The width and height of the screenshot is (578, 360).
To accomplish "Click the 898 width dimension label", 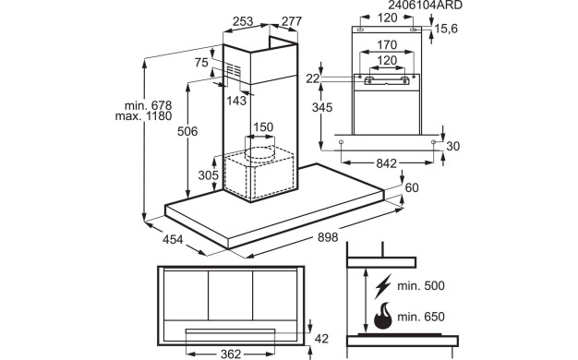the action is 328,237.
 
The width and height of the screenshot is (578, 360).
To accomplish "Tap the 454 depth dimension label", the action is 173,239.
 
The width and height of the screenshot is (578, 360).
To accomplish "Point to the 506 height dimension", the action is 187,131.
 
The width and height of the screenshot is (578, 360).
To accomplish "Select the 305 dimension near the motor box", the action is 209,175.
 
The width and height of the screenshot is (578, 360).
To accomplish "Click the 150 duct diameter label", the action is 263,127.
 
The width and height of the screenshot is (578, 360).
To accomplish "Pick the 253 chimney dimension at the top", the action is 243,21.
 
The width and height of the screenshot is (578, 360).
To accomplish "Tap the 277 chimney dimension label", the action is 292,21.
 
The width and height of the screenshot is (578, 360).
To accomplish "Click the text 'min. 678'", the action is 148,106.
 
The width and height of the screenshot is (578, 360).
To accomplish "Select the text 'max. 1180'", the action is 143,116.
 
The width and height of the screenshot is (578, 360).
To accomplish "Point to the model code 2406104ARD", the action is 425,6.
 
